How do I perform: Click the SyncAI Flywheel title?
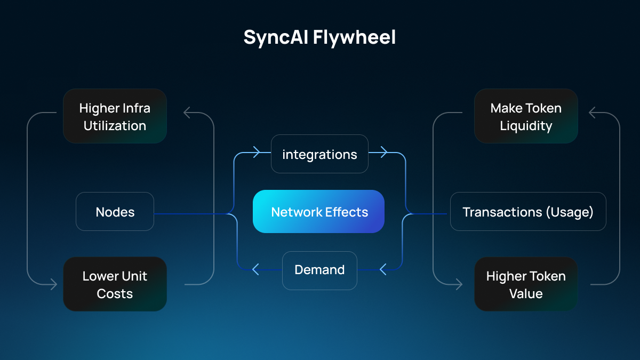(319, 37)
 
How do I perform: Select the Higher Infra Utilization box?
(115, 116)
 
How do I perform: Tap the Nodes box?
(115, 212)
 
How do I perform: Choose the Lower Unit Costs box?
(115, 284)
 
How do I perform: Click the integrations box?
(319, 154)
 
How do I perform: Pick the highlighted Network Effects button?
(318, 212)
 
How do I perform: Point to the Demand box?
(319, 270)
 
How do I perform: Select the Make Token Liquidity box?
(526, 116)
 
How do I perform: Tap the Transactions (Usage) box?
(528, 212)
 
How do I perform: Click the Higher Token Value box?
(526, 284)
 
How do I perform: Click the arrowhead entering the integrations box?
(256, 153)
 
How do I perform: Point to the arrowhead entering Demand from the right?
(382, 270)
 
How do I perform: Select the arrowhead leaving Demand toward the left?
(255, 270)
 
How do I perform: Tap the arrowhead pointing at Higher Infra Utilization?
(187, 113)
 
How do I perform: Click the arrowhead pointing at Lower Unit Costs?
(53, 284)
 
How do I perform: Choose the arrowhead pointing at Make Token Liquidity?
(593, 113)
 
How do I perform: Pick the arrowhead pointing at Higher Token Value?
(459, 284)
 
